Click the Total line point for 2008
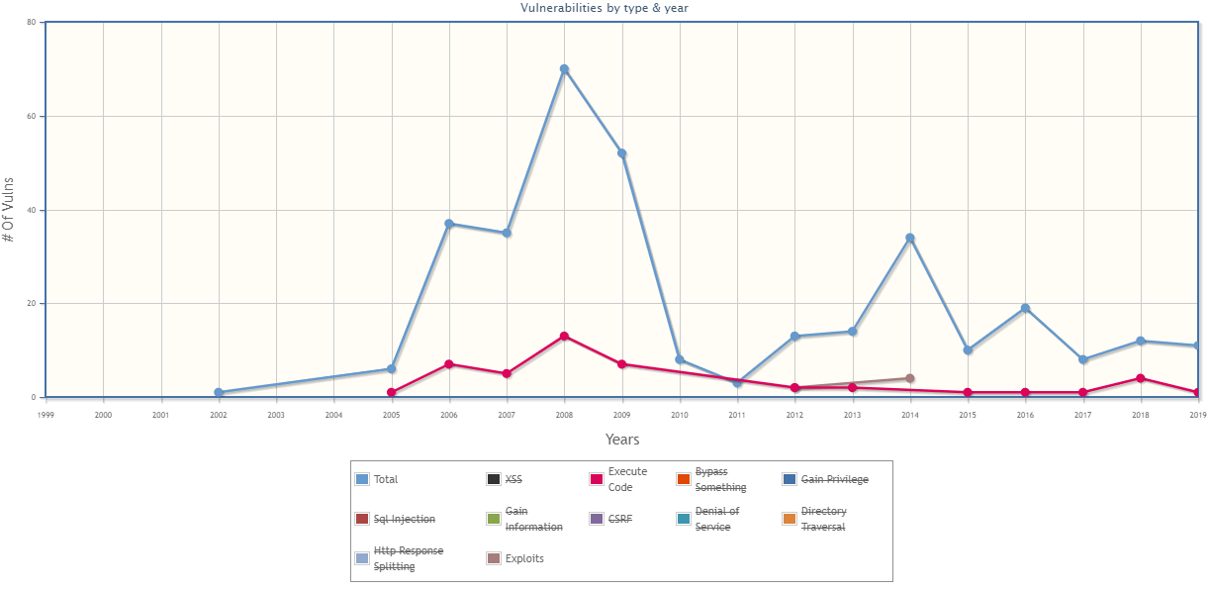564,69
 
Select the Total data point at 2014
910,238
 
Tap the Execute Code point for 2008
564,337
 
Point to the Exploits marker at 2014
910,378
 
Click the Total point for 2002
219,392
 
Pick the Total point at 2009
622,153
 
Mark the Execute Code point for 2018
1141,378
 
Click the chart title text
605,8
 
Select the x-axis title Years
622,440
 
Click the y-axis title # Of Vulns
9,210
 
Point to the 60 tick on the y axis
31,116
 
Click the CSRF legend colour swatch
597,519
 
